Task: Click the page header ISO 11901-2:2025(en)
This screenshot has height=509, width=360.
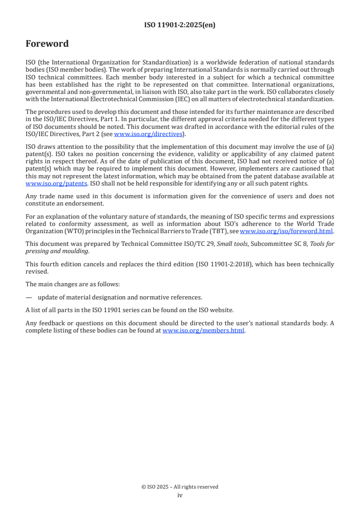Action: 180,25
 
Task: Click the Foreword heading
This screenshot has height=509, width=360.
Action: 47,44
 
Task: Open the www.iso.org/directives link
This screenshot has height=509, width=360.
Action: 148,134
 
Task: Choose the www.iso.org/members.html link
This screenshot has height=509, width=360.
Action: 203,330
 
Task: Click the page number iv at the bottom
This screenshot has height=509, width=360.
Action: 180,495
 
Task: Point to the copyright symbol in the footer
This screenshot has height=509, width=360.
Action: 144,487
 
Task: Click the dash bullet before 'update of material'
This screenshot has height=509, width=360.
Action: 29,297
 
